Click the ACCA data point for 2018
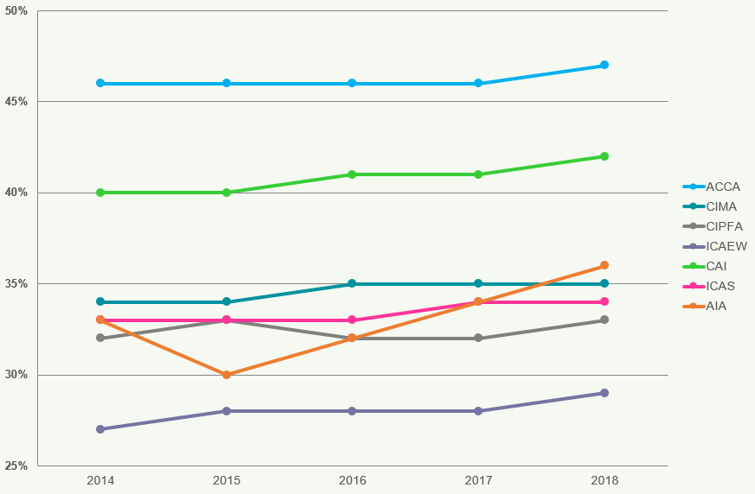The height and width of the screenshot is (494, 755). [x=605, y=66]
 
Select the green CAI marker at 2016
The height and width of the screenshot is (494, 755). [x=352, y=174]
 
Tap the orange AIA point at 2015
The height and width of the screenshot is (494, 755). [x=227, y=375]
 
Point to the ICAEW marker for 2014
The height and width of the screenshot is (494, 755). [x=100, y=429]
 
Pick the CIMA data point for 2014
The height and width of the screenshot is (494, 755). [x=100, y=302]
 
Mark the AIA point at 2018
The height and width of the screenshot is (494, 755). [x=605, y=265]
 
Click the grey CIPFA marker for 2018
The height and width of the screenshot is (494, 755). [x=605, y=320]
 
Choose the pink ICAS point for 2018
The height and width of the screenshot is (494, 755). [x=605, y=302]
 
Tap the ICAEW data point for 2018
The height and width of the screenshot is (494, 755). [x=605, y=393]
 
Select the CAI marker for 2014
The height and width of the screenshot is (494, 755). [x=100, y=193]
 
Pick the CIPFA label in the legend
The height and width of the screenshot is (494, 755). [x=724, y=226]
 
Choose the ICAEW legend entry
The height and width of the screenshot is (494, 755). [x=726, y=246]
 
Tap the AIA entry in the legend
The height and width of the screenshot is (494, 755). [x=716, y=306]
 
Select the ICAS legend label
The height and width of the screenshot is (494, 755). [x=720, y=286]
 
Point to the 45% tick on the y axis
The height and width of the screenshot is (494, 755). [x=16, y=102]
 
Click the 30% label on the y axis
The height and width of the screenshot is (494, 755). [x=16, y=375]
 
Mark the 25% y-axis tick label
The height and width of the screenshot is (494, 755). [x=16, y=466]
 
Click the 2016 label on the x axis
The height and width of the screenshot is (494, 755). [x=352, y=480]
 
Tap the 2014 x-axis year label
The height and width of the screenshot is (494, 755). [x=100, y=480]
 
